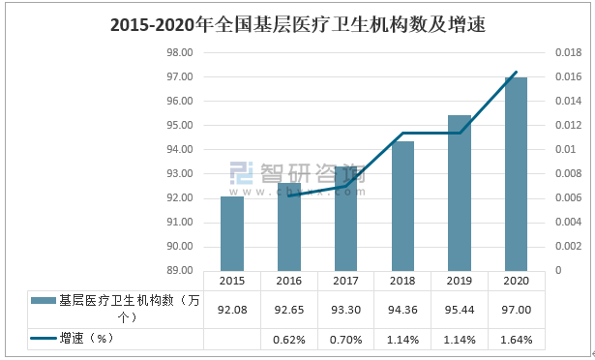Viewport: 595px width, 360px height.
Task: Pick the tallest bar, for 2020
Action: click(x=516, y=174)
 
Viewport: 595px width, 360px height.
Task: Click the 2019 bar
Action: click(x=459, y=193)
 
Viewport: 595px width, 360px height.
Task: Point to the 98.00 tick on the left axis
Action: click(x=181, y=52)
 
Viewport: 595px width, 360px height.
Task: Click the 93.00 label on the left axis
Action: click(x=181, y=173)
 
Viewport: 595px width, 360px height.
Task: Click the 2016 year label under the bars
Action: click(x=288, y=281)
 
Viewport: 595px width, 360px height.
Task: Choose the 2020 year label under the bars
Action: click(x=516, y=281)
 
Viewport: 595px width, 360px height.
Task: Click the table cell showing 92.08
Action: click(x=232, y=309)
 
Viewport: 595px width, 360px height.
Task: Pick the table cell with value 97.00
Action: click(x=516, y=309)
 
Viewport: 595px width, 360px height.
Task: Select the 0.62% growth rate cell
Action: click(x=288, y=339)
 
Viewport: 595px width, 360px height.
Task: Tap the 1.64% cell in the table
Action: click(x=516, y=339)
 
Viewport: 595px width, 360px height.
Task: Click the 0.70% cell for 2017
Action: click(x=345, y=339)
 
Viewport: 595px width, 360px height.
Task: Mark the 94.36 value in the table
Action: click(x=402, y=309)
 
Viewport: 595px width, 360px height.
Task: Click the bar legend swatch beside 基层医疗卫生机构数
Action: click(x=43, y=301)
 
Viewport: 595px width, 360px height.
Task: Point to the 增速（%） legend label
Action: click(x=87, y=339)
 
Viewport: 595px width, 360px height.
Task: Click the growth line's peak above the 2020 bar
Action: click(x=517, y=73)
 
